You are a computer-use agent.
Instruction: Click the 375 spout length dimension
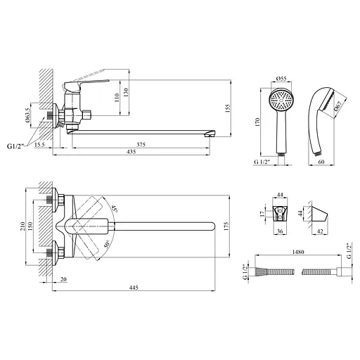[x=141, y=145]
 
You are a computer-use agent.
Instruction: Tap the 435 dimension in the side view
[x=131, y=152]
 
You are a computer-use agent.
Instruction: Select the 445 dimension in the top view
[x=134, y=288]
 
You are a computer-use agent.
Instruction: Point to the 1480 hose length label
[x=298, y=252]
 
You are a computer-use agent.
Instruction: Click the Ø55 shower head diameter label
[x=281, y=79]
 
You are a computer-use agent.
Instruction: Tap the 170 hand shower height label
[x=257, y=122]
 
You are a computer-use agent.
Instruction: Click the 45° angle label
[x=115, y=209]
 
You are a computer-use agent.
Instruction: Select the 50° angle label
[x=107, y=244]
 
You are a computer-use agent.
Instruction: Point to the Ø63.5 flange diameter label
[x=27, y=115]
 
